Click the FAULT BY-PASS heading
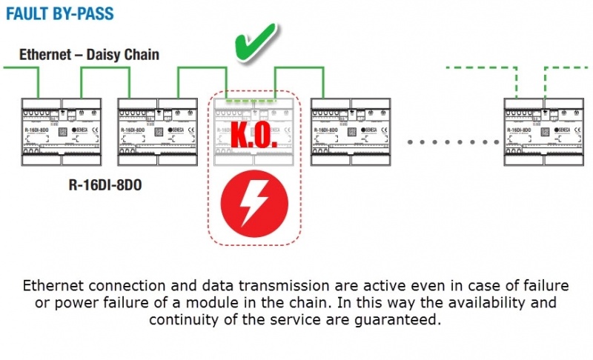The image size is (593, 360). tap(60, 14)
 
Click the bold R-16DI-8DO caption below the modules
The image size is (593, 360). tap(105, 184)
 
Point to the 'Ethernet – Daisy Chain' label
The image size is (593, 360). tap(89, 55)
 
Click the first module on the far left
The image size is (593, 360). tap(57, 131)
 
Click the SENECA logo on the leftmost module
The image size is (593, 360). tap(82, 129)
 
